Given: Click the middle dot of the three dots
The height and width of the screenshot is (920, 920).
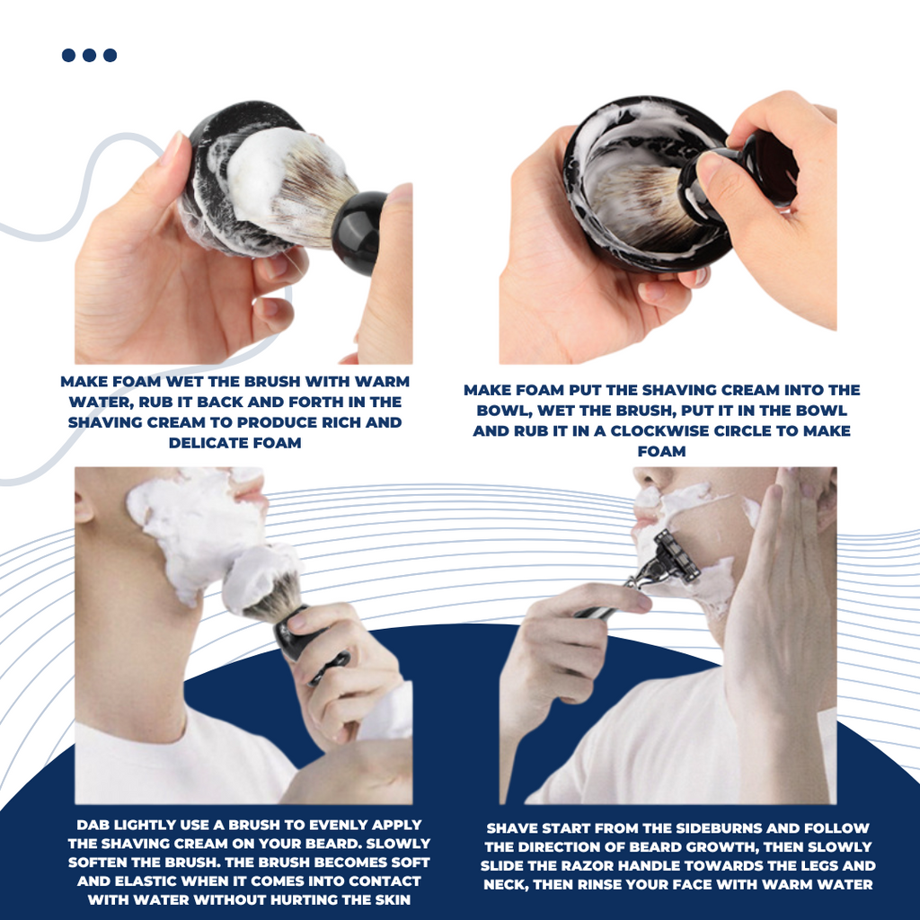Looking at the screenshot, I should pyautogui.click(x=89, y=55).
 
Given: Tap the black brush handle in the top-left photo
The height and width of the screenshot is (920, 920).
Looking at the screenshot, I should pyautogui.click(x=358, y=231).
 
